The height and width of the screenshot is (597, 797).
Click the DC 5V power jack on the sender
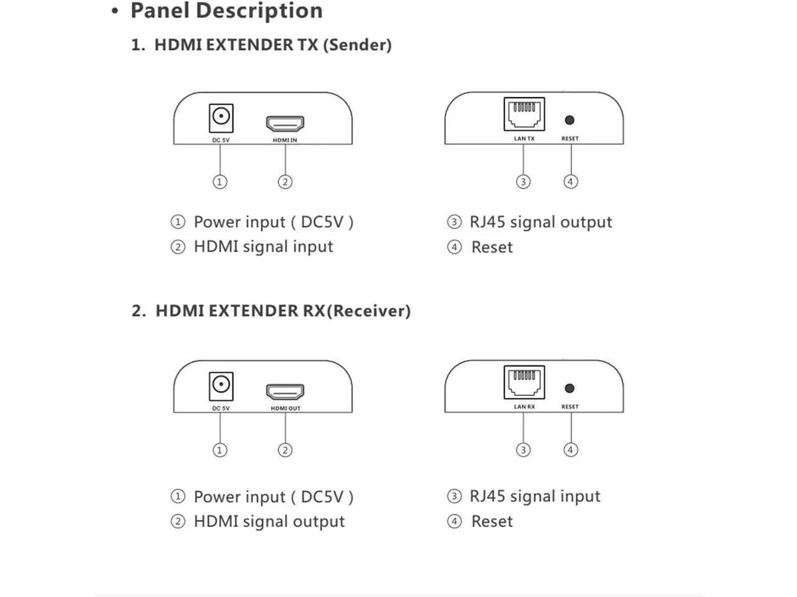pyautogui.click(x=221, y=118)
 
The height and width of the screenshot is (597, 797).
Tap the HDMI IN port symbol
pyautogui.click(x=285, y=123)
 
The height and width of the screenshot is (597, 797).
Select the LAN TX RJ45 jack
pyautogui.click(x=524, y=114)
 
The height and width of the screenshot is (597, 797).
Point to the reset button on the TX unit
pyautogui.click(x=569, y=120)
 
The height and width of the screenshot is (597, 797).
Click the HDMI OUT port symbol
pyautogui.click(x=285, y=392)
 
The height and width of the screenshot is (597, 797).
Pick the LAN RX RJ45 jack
pyautogui.click(x=524, y=382)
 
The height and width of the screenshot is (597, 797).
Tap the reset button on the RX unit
pyautogui.click(x=569, y=388)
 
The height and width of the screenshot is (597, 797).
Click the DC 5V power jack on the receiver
pyautogui.click(x=221, y=387)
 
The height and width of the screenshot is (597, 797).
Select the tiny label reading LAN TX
pyautogui.click(x=524, y=139)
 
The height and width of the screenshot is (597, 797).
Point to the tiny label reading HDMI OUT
pyautogui.click(x=286, y=408)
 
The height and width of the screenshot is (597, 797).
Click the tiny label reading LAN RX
pyautogui.click(x=524, y=407)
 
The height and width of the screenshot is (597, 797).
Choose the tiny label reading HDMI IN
pyautogui.click(x=285, y=140)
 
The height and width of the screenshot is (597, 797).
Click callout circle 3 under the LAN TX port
pyautogui.click(x=523, y=182)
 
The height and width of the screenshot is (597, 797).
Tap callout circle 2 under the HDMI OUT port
pyautogui.click(x=285, y=450)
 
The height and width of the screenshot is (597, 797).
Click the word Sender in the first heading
pyautogui.click(x=357, y=45)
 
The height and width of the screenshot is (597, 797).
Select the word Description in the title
pyautogui.click(x=259, y=11)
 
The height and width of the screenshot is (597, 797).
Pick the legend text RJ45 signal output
pyautogui.click(x=541, y=222)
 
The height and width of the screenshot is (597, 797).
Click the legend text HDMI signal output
pyautogui.click(x=269, y=521)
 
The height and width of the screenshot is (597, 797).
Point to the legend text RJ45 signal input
pyautogui.click(x=535, y=497)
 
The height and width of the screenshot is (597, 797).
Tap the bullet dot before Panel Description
pyautogui.click(x=115, y=11)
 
